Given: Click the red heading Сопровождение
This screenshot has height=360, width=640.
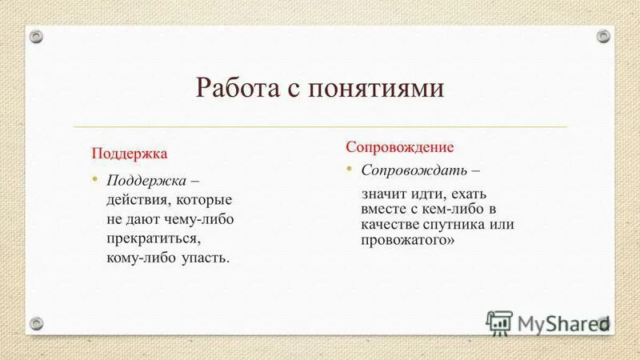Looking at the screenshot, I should (x=399, y=147).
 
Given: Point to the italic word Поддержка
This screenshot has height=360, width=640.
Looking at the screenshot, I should (x=139, y=179).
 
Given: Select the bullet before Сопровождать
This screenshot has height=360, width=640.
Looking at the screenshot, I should (x=349, y=170).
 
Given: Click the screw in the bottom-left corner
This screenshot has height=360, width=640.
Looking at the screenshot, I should (x=37, y=322).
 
